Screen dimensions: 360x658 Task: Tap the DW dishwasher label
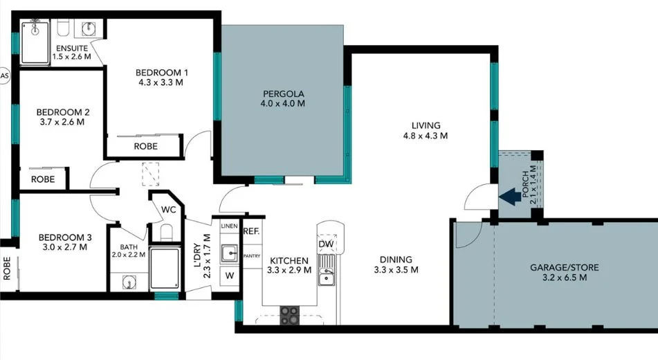pos(327,244)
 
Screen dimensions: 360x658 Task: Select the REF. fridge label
pos(250,232)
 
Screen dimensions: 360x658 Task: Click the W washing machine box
pos(229,276)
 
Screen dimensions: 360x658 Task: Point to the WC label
pos(169,209)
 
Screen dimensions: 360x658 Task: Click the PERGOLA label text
pos(284,94)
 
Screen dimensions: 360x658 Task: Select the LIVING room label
pos(426,125)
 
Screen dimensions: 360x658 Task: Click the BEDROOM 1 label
pos(161,73)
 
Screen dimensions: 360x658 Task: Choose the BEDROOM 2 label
pos(63,111)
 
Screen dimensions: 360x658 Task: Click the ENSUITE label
pos(72,48)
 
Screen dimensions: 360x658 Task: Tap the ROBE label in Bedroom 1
pos(145,146)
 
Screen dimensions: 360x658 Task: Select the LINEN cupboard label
pos(229,226)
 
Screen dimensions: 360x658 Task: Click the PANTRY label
pos(251,255)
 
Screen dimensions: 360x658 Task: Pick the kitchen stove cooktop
pos(291,316)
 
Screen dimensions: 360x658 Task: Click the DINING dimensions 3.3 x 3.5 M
pos(396,270)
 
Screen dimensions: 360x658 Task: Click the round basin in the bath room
pos(128,282)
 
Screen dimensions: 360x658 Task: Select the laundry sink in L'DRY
pos(229,253)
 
